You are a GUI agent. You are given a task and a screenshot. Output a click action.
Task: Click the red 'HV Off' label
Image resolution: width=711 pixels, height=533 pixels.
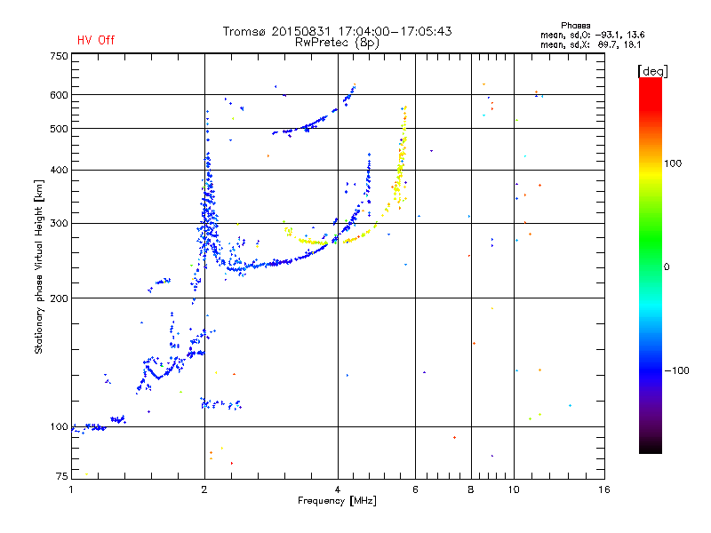tap(96, 40)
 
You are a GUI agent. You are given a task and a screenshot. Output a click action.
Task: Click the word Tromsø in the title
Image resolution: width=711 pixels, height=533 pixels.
tap(244, 31)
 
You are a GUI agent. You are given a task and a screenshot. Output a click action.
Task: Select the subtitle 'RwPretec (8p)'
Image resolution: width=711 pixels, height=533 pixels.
tap(337, 43)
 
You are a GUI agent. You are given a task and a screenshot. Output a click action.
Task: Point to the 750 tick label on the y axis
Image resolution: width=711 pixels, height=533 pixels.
tap(59, 56)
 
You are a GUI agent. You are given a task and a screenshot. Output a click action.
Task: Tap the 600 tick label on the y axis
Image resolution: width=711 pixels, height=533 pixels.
tap(59, 95)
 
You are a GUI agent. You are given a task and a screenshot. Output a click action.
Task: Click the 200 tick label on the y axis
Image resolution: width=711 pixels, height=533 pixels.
tap(59, 298)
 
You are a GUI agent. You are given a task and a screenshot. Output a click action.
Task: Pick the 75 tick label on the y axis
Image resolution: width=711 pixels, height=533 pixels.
tap(62, 476)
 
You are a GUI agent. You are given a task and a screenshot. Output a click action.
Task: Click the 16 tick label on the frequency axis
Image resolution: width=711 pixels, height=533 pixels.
tap(603, 489)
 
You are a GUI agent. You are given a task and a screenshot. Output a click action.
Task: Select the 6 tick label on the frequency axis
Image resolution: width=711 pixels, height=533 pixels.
tap(415, 489)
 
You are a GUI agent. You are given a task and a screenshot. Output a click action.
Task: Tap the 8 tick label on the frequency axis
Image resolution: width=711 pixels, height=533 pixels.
tap(471, 489)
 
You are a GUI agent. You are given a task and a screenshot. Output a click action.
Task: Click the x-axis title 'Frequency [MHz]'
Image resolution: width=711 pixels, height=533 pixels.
tap(337, 501)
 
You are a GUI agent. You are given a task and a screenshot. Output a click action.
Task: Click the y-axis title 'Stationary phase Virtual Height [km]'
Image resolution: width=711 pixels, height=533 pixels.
tap(39, 266)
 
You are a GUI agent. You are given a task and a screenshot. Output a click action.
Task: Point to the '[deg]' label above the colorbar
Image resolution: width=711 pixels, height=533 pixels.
tap(652, 71)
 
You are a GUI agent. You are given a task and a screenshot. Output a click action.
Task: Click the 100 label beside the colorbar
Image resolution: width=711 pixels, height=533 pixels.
tap(673, 163)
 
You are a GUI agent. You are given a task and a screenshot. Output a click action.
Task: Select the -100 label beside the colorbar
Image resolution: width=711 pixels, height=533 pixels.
tap(676, 370)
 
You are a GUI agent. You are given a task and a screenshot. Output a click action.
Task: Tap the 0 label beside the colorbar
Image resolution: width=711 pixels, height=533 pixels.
tap(667, 267)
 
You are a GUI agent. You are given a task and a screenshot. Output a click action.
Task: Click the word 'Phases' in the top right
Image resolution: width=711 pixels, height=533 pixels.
tap(575, 26)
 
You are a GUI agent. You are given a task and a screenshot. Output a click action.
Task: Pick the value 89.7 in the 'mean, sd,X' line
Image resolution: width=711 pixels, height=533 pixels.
tap(607, 44)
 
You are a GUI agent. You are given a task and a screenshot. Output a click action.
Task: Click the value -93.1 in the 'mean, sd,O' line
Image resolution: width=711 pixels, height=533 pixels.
tap(608, 35)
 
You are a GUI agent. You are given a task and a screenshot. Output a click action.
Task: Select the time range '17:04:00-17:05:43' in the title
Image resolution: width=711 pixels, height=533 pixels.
tap(395, 31)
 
